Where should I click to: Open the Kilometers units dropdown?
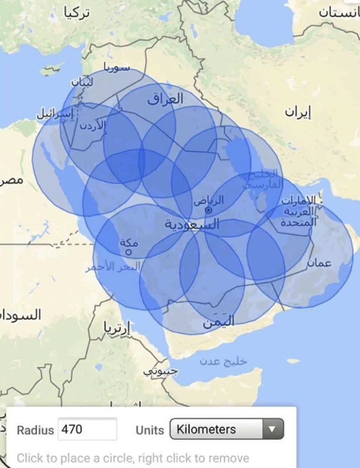click(226, 430)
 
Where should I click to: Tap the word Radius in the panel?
click(35, 430)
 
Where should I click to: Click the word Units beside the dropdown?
click(150, 430)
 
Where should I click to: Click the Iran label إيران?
click(298, 112)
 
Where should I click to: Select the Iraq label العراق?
click(165, 99)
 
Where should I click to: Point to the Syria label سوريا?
click(116, 67)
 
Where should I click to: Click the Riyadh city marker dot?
click(208, 210)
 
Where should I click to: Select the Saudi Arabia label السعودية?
click(192, 225)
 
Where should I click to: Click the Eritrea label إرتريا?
click(117, 328)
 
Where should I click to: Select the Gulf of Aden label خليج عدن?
click(223, 361)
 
